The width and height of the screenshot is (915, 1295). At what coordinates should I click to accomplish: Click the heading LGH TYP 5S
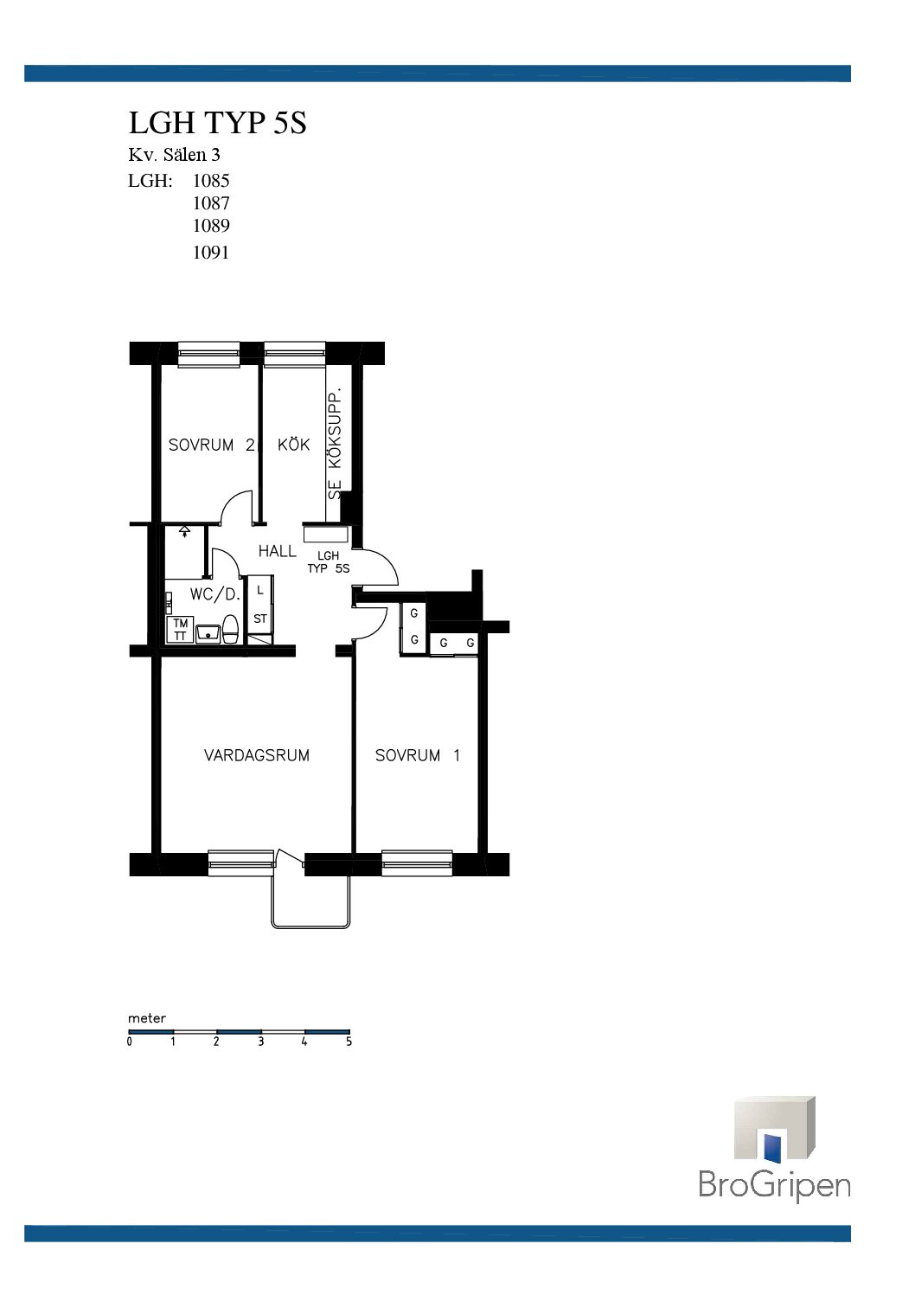click(217, 123)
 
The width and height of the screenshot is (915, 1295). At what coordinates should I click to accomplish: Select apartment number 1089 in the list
click(211, 226)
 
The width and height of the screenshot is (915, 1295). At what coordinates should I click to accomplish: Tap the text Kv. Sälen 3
click(174, 155)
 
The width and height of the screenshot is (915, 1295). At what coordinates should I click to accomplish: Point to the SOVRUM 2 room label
click(211, 446)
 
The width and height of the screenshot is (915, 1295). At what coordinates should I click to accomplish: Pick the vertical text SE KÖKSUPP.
click(335, 444)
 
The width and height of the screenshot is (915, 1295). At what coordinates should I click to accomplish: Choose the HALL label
click(278, 552)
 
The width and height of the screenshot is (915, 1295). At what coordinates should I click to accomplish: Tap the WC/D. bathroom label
click(214, 594)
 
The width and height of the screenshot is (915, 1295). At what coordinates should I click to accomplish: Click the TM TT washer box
click(180, 630)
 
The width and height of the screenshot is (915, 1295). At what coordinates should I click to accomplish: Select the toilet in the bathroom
click(231, 630)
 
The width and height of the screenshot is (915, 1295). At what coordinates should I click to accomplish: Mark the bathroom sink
click(208, 633)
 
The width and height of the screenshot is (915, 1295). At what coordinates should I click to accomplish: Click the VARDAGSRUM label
click(257, 755)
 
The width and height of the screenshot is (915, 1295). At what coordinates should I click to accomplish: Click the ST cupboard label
click(260, 619)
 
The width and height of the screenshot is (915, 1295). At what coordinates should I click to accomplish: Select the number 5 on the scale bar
click(349, 1042)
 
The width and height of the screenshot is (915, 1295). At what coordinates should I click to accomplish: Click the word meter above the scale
click(147, 1019)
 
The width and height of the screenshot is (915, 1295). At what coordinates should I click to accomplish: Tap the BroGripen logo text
click(775, 1184)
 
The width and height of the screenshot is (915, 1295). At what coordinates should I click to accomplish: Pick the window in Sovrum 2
click(208, 354)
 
